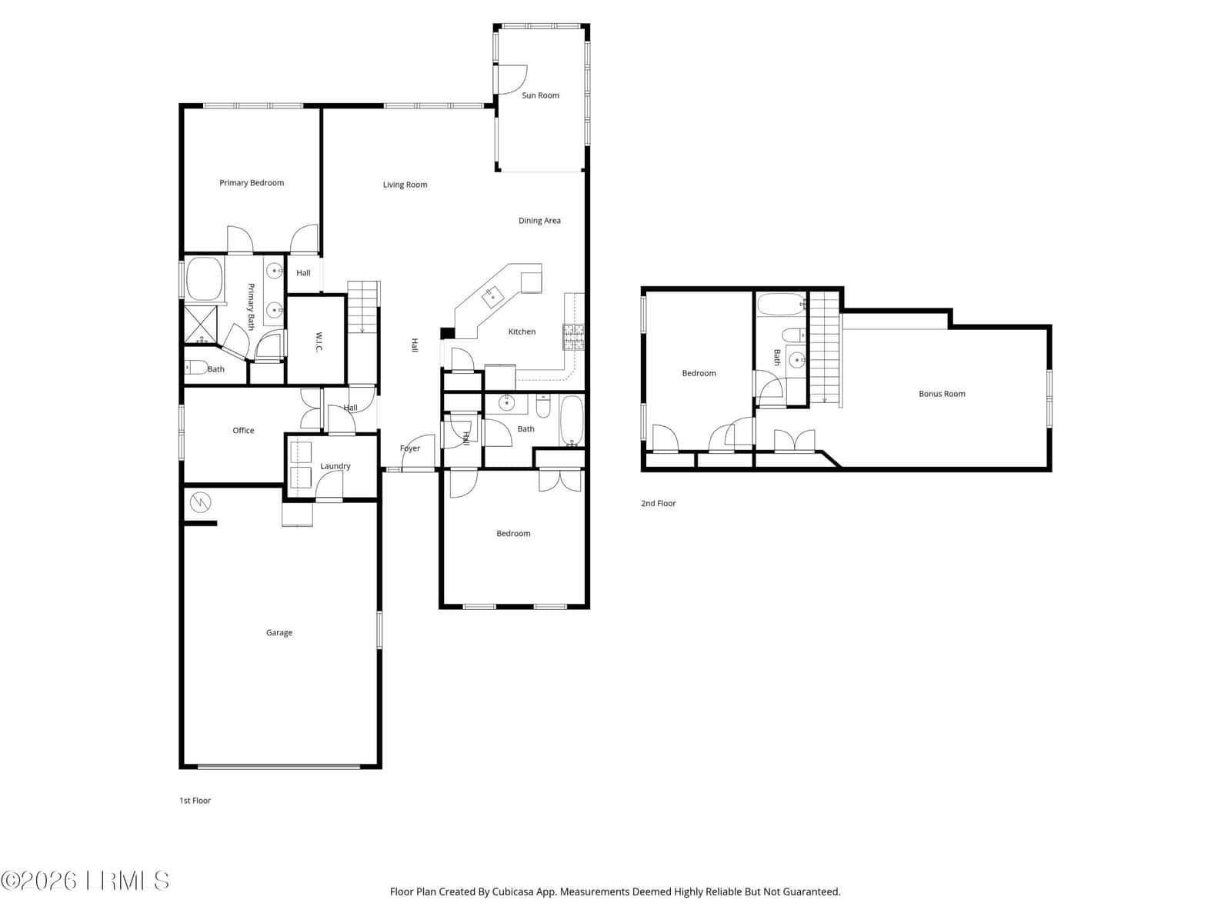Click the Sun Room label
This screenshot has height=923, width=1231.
coord(540,95)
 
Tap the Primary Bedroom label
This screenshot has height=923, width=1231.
coord(252,183)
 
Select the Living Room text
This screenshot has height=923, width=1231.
coord(405,185)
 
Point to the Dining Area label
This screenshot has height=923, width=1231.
coord(539,220)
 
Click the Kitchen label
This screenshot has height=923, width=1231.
coord(522,332)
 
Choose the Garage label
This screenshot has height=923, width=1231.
coord(279,633)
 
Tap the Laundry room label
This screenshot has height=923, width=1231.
coord(335,466)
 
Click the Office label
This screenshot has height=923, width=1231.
coord(243,431)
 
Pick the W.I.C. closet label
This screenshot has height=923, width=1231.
coord(319,342)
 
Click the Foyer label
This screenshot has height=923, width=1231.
coord(409,448)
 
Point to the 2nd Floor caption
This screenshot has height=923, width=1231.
coord(658,503)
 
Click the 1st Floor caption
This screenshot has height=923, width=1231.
coord(195,800)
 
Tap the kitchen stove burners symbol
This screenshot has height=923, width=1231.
coord(573,337)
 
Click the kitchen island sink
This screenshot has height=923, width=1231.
coord(492,297)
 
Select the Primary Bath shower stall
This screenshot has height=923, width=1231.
coord(200,325)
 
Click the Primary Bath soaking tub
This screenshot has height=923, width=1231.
coord(204,279)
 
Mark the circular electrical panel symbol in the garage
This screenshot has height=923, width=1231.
coord(200,502)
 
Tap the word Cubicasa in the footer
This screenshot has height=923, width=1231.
coord(512,891)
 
